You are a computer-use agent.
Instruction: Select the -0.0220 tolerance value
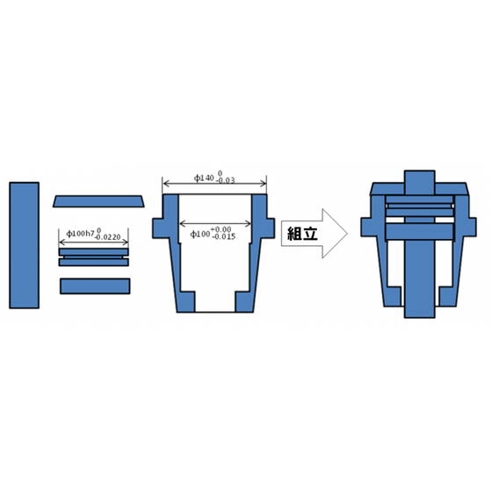(x=112, y=237)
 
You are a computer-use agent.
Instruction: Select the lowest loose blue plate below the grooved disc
(x=94, y=286)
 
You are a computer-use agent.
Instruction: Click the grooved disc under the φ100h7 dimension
(x=94, y=257)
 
